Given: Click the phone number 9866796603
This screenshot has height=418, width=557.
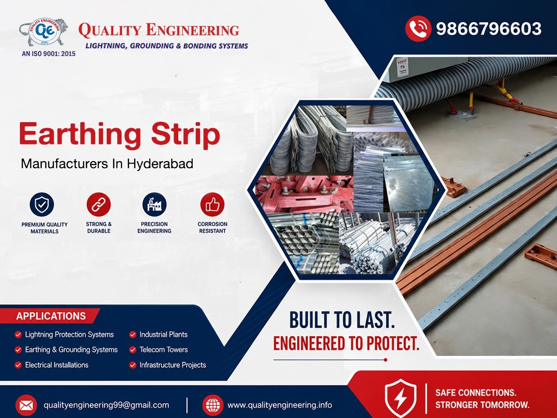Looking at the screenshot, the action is [489, 29].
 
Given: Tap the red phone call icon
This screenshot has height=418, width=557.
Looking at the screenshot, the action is [418, 28].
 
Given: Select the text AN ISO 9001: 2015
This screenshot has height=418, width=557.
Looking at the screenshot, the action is [48, 53].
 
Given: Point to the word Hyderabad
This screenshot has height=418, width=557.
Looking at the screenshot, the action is [160, 163].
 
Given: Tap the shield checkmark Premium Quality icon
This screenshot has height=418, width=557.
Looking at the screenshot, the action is [42, 204].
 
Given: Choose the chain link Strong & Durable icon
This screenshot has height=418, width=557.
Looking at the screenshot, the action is [98, 204].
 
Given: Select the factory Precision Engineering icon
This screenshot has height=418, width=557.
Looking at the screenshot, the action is [154, 204].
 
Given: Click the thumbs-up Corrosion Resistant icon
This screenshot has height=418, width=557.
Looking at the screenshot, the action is [213, 204].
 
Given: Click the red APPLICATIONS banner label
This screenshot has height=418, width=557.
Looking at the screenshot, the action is [51, 316].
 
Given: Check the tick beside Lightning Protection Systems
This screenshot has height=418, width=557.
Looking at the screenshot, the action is [18, 335].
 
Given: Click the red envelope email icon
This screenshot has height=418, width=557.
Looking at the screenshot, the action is [26, 405].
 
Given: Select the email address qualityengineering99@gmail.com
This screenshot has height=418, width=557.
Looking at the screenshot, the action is [106, 405].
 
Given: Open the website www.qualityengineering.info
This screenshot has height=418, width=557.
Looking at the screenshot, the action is [279, 405].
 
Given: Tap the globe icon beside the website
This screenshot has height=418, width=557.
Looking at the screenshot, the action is [213, 405].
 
